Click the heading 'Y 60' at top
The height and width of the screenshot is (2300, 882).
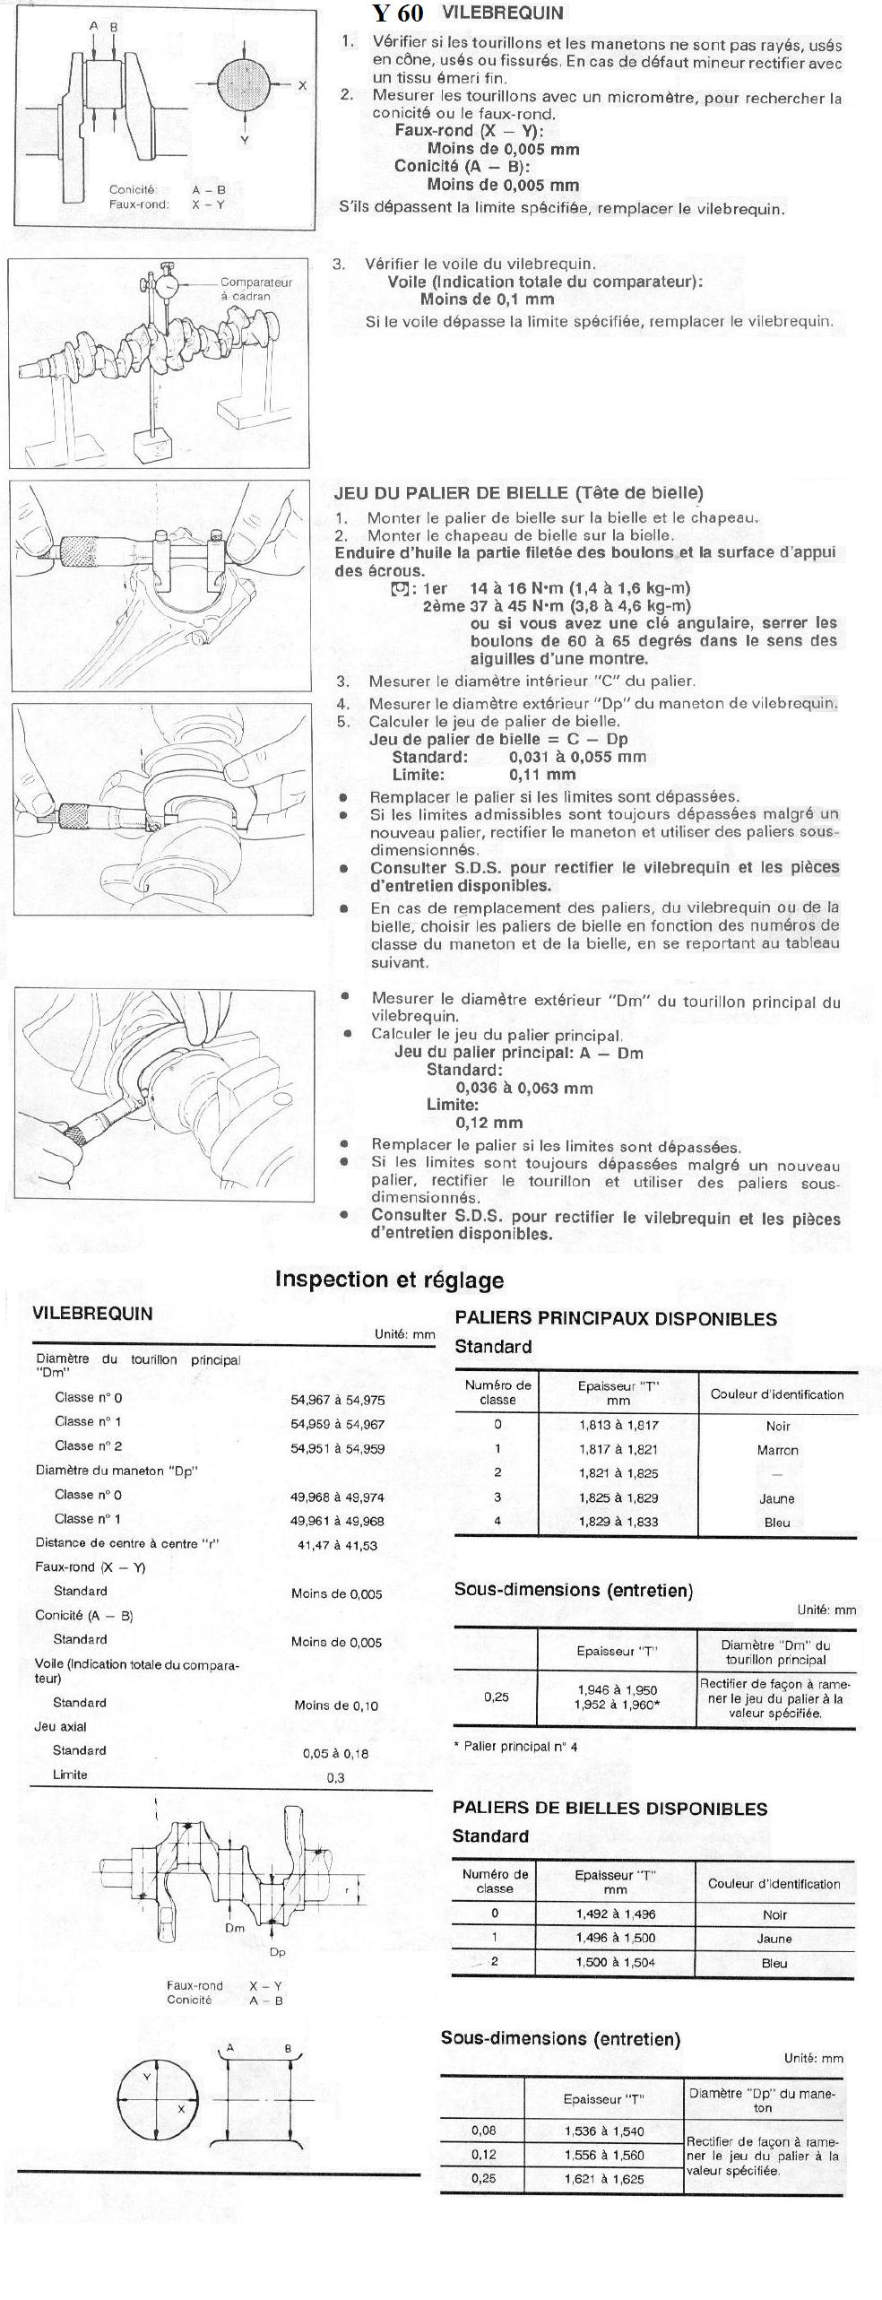coord(398,13)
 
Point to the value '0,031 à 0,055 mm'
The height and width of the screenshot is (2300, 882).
coord(577,757)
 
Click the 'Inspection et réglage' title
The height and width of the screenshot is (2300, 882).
coord(389,1280)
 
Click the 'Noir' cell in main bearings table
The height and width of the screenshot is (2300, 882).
coord(777,1426)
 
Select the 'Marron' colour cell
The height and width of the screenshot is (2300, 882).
coord(777,1450)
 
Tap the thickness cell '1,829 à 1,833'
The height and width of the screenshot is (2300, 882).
coord(618,1522)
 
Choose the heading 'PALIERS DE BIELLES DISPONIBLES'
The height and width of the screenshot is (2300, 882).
coord(610,1809)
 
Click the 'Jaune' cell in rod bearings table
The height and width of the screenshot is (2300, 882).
coord(774,1938)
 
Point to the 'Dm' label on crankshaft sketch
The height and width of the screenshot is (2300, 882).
coord(235,1927)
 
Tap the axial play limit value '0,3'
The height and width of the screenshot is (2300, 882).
coord(335,1778)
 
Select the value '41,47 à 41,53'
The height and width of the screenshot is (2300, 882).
coord(337,1545)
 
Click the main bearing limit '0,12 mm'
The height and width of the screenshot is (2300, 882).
coord(489,1123)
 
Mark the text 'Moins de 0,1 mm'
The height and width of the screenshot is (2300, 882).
coord(487,299)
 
